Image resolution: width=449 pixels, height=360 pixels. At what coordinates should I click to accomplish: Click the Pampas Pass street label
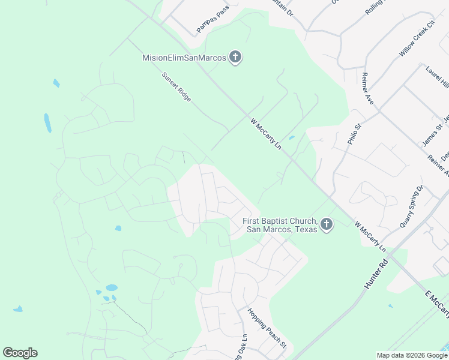[x=212, y=23]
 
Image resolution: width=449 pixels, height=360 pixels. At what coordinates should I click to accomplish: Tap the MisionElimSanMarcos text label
[x=184, y=58]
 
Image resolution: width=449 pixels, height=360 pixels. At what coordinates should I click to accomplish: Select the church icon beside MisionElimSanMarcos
[x=235, y=58]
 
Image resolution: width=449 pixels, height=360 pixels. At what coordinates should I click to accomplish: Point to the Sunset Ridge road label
[x=176, y=88]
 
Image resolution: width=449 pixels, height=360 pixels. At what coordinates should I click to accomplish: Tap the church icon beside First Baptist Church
[x=327, y=225]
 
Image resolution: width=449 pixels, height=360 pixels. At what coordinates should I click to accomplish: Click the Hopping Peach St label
[x=267, y=328]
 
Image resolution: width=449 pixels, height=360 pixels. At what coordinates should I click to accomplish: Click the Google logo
[x=20, y=353]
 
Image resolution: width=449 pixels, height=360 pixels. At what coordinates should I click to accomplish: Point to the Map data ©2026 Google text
[x=412, y=355]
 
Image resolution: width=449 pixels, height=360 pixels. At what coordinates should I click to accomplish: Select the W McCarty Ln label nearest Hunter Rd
[x=370, y=236]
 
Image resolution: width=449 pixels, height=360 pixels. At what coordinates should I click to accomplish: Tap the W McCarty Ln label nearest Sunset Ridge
[x=265, y=133]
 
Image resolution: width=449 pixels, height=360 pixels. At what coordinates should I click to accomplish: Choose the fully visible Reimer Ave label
[x=367, y=88]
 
